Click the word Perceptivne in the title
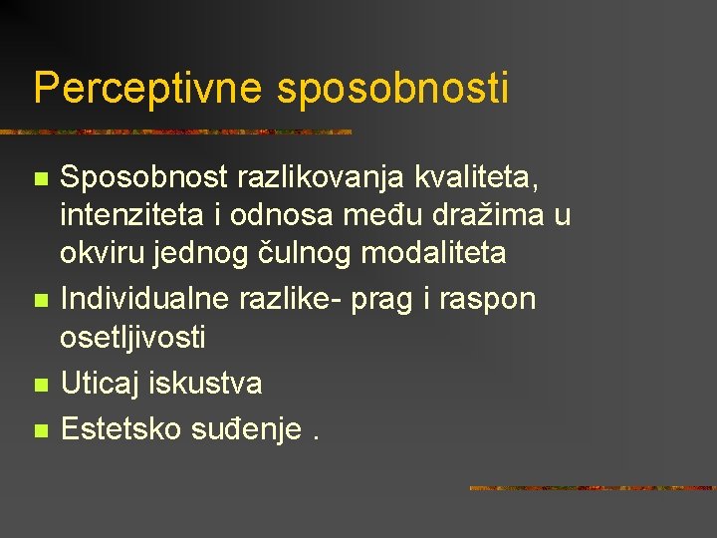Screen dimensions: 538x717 147,88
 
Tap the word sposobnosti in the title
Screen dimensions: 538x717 392,90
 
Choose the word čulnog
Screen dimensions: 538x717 306,253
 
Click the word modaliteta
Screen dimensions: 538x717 433,253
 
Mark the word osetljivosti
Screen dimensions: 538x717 133,338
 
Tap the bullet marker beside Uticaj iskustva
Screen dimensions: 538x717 40,385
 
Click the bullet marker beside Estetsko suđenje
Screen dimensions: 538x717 40,430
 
